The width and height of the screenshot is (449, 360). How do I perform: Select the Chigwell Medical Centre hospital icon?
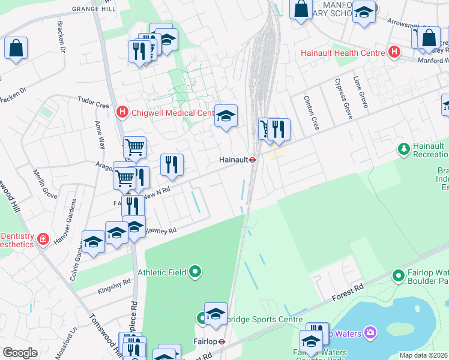pos(122,112)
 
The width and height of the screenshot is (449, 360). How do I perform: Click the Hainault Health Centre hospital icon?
pos(394,53)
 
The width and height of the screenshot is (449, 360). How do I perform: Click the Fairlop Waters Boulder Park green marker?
pos(397,275)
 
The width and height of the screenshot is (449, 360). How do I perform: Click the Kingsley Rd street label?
pos(114,287)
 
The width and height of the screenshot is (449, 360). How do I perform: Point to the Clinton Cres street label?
pos(311,113)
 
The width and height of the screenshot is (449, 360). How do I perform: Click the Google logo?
pos(20,353)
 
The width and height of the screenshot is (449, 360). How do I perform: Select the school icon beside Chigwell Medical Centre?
pos(226,116)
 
